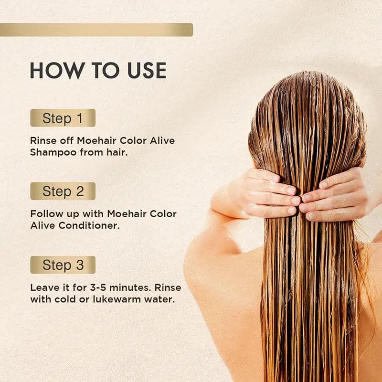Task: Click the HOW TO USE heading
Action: click(98, 70)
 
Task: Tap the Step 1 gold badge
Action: click(63, 118)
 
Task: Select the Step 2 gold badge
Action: click(63, 191)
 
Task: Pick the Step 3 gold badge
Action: click(63, 265)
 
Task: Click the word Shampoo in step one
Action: click(53, 152)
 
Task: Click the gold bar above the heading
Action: click(96, 30)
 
